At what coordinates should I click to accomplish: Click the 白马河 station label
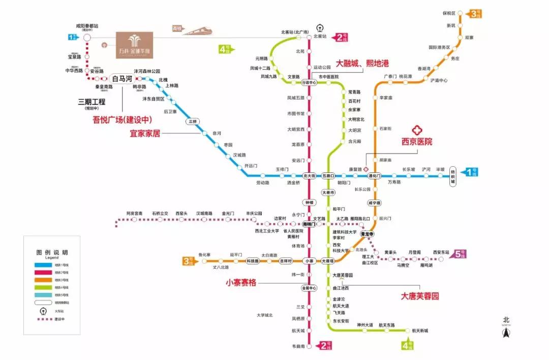[121, 79]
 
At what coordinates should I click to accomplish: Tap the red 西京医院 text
[417, 142]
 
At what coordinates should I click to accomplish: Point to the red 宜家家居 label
[145, 134]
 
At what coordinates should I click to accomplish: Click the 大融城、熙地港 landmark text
[362, 64]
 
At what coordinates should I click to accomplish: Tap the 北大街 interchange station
[309, 175]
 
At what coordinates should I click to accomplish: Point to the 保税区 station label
[449, 13]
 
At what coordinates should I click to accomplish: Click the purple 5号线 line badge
[460, 254]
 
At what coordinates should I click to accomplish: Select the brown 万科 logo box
[134, 45]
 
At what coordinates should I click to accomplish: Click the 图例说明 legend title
[51, 253]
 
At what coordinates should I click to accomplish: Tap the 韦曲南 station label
[298, 346]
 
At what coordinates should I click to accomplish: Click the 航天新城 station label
[420, 331]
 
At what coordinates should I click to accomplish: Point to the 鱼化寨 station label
[204, 255]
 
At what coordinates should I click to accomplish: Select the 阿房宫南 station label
[135, 213]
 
